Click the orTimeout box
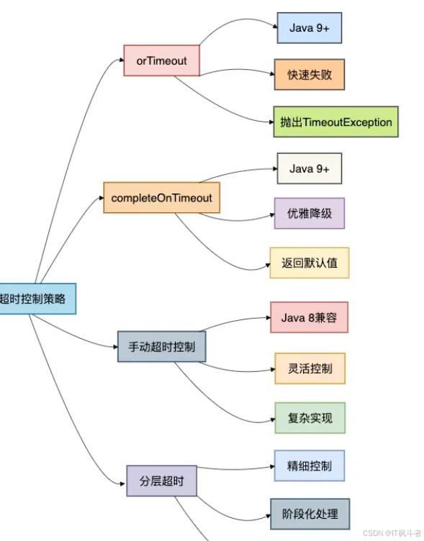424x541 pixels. (x=161, y=61)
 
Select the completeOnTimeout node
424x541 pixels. (x=161, y=197)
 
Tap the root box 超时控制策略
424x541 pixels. (x=36, y=299)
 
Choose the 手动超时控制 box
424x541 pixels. (x=161, y=346)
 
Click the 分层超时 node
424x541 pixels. (x=161, y=481)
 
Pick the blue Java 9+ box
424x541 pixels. (x=309, y=28)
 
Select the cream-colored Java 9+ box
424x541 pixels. (x=309, y=168)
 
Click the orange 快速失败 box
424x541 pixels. (x=309, y=75)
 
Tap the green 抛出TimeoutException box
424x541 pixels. (x=335, y=122)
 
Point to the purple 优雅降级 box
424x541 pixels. (x=309, y=213)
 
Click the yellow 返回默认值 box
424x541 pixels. (x=309, y=263)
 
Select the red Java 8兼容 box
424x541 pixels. (x=309, y=317)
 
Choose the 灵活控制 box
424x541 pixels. (x=309, y=368)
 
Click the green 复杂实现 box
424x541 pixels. (x=309, y=418)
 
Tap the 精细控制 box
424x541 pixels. (x=309, y=465)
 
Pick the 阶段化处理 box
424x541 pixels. (x=310, y=514)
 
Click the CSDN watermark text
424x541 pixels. (x=392, y=533)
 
